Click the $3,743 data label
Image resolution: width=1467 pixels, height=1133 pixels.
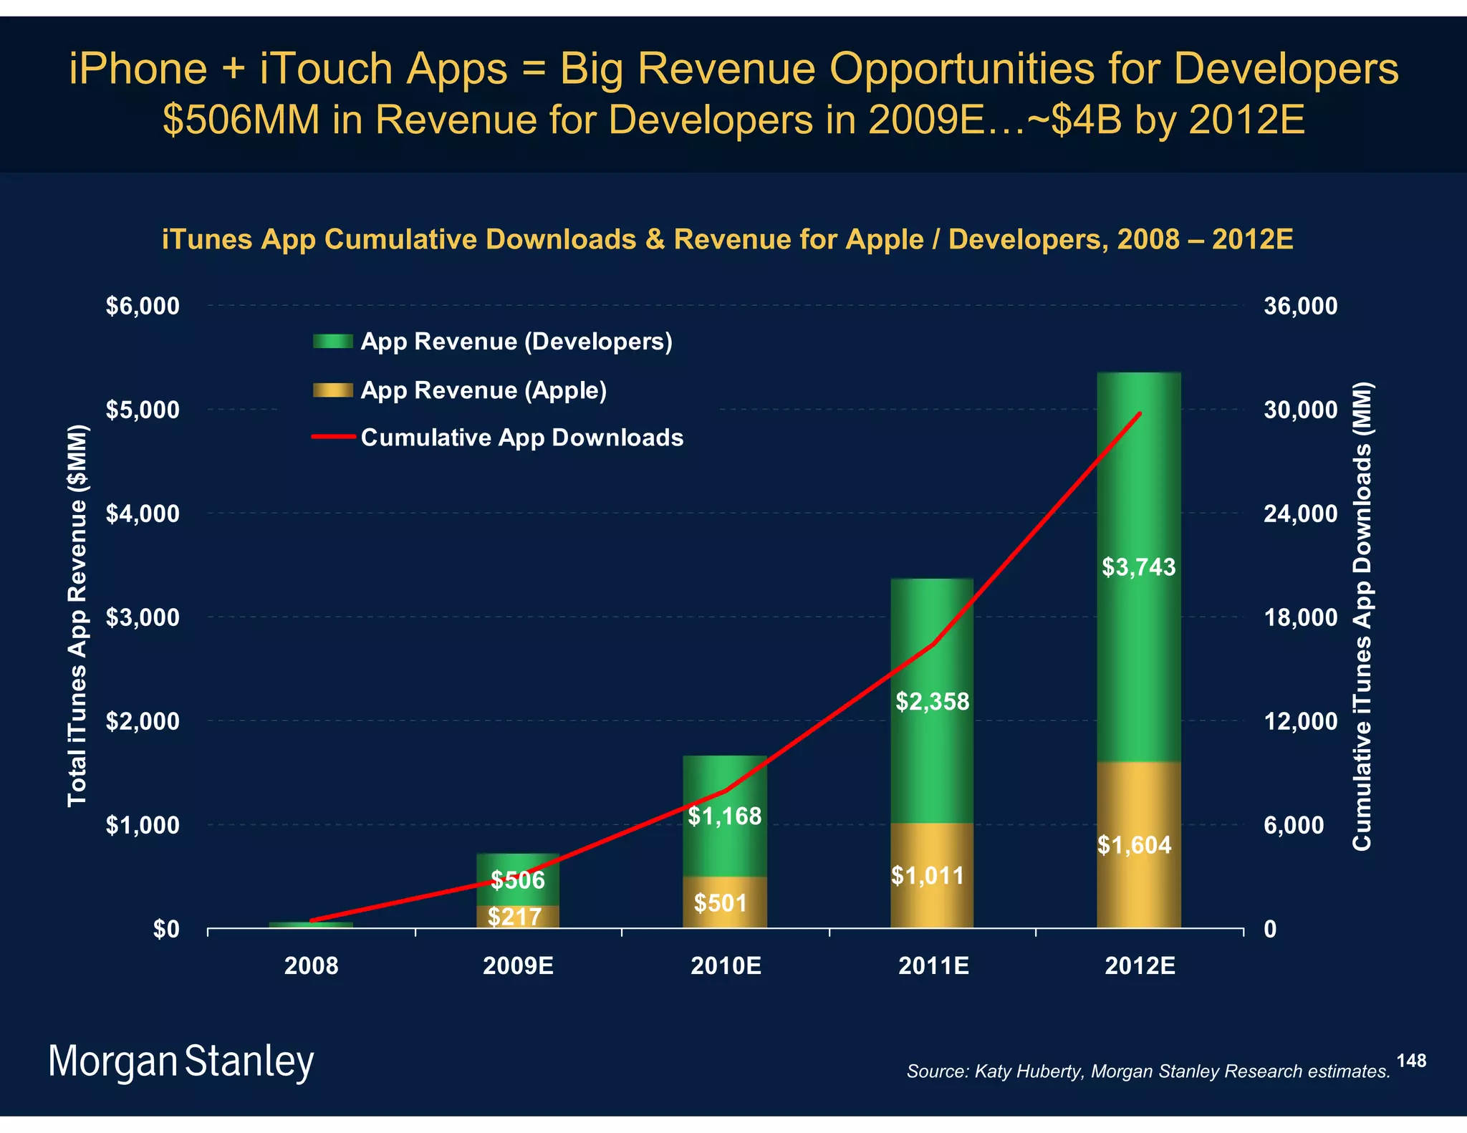click(x=1138, y=567)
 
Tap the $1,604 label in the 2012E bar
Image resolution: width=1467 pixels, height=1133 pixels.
click(x=1134, y=845)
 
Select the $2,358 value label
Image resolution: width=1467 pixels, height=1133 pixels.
click(x=932, y=701)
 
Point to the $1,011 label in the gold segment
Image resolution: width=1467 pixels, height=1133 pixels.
click(x=928, y=875)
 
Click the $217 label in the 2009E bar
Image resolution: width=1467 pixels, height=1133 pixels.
click(x=514, y=917)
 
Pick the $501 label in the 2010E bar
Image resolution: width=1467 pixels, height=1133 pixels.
click(x=721, y=903)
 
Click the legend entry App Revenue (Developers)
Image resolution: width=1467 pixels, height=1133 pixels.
click(x=516, y=342)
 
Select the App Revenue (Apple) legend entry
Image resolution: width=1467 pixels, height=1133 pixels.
click(x=484, y=390)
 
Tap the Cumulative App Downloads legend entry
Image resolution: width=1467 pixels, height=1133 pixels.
click(x=521, y=438)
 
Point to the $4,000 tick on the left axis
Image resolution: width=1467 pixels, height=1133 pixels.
click(x=143, y=514)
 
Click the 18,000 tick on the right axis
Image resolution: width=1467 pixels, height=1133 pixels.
click(x=1300, y=617)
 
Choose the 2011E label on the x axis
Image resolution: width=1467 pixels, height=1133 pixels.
click(x=933, y=966)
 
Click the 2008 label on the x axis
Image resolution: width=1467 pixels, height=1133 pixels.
click(x=311, y=966)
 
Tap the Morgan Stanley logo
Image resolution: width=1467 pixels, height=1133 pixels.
click(x=181, y=1061)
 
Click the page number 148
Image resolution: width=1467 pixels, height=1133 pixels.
click(x=1410, y=1061)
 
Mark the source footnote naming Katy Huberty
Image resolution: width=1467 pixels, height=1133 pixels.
click(x=1148, y=1071)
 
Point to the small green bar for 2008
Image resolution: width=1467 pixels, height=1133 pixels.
click(x=311, y=925)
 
